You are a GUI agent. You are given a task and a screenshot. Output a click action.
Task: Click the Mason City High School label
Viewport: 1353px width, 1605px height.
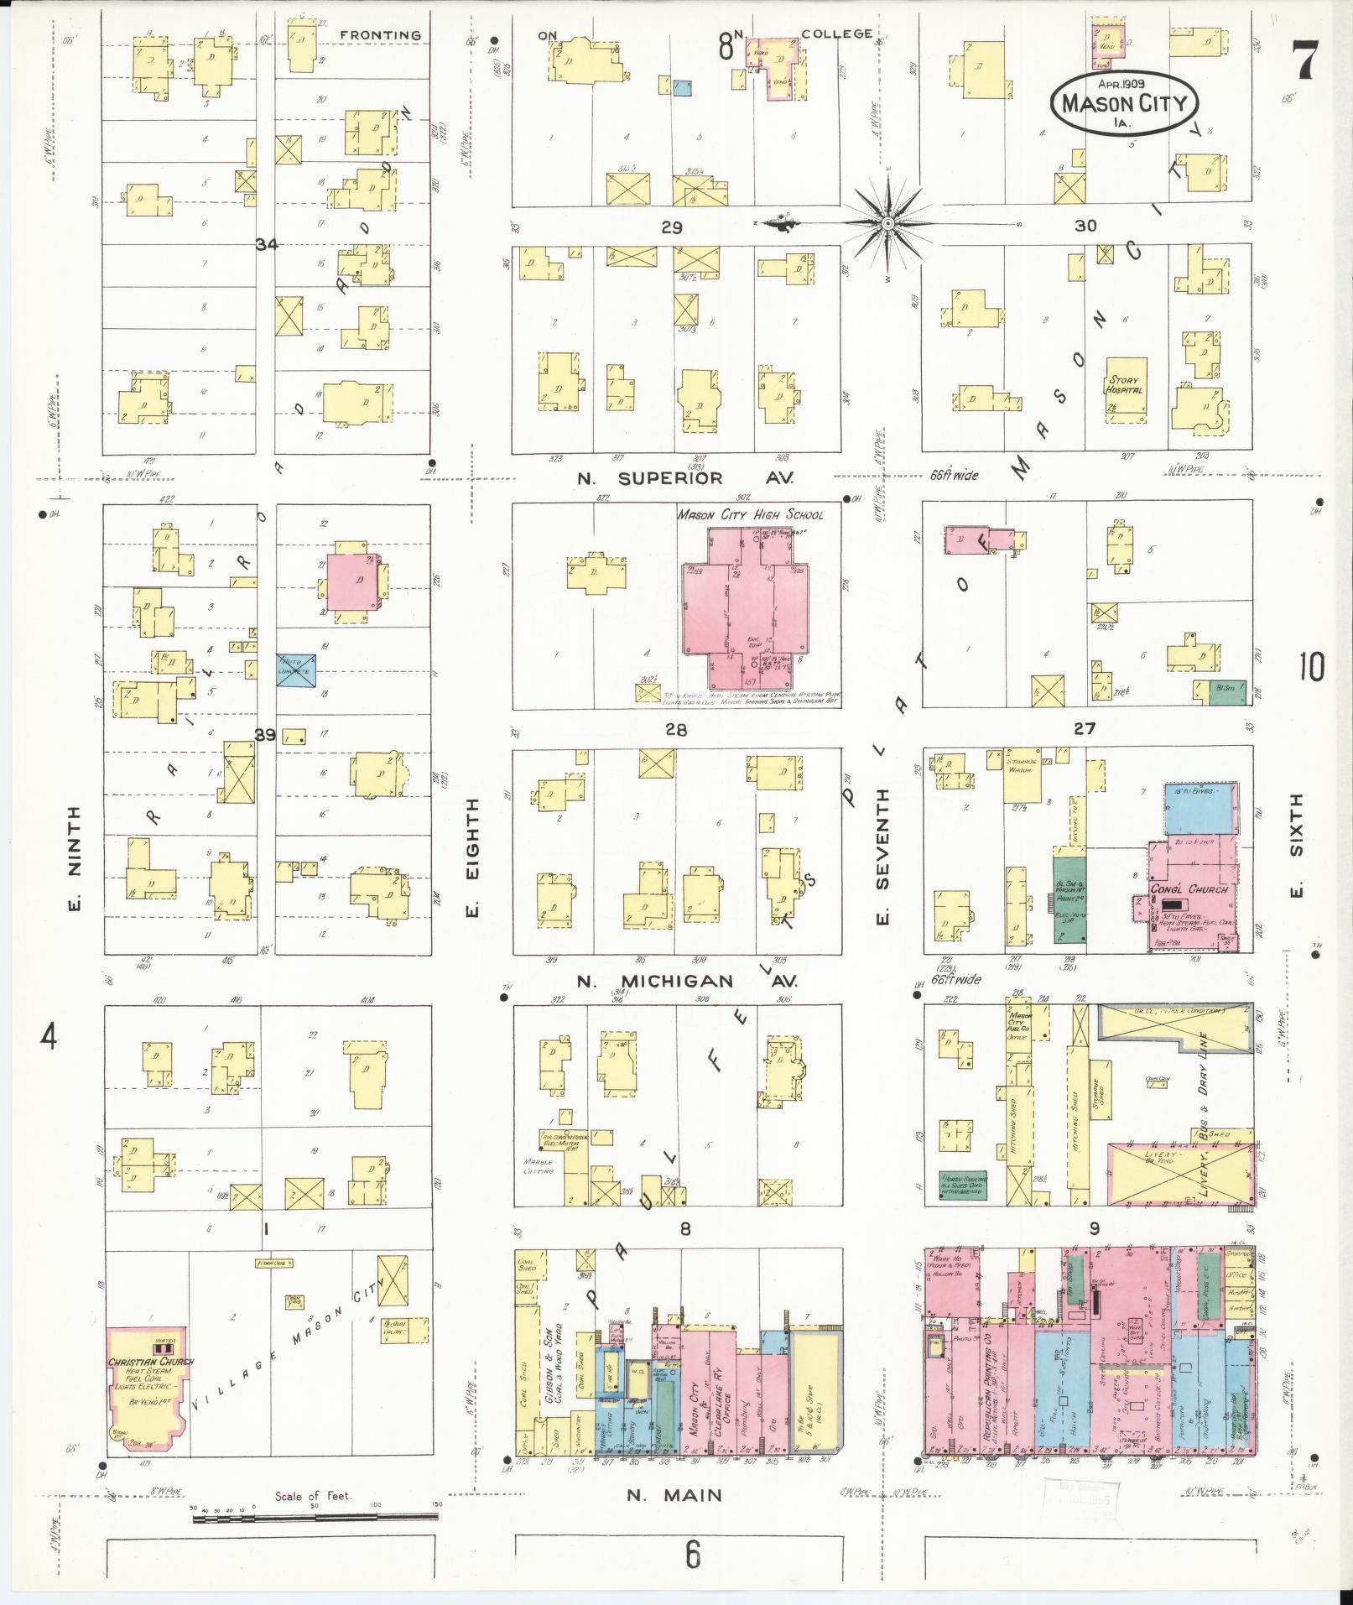pyautogui.click(x=750, y=514)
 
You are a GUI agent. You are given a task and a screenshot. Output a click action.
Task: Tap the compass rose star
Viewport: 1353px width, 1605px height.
pyautogui.click(x=887, y=223)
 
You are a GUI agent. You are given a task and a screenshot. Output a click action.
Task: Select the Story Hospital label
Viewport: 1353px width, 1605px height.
pyautogui.click(x=1124, y=385)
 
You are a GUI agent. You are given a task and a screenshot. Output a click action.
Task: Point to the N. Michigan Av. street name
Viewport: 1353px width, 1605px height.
pyautogui.click(x=686, y=982)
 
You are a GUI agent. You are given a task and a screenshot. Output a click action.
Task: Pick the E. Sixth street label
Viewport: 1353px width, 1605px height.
pyautogui.click(x=1297, y=847)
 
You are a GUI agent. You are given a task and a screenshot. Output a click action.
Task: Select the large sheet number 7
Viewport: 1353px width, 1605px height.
pyautogui.click(x=1305, y=60)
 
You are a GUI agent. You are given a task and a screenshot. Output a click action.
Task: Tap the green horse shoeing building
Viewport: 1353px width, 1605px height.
pyautogui.click(x=962, y=1182)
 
